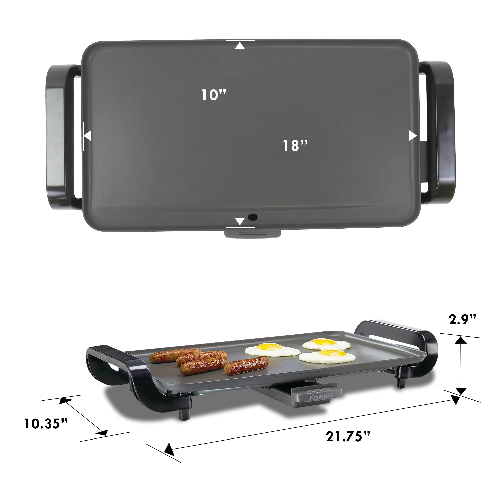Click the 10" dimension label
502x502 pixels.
(214, 95)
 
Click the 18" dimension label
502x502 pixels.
(295, 146)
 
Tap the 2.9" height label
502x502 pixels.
(462, 319)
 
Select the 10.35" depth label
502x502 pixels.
(46, 424)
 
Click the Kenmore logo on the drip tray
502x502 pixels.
(321, 397)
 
